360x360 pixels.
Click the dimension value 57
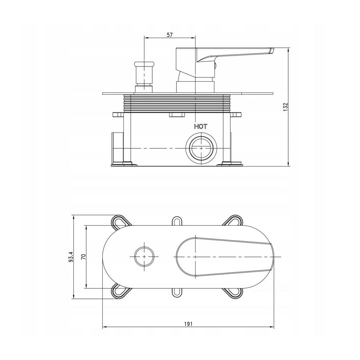click(x=169, y=35)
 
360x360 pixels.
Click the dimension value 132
click(x=285, y=107)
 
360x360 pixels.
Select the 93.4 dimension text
click(x=71, y=257)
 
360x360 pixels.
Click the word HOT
click(x=201, y=127)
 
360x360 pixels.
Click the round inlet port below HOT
click(x=201, y=148)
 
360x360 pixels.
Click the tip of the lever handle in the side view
click(x=272, y=51)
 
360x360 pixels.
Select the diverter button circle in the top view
click(x=144, y=257)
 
